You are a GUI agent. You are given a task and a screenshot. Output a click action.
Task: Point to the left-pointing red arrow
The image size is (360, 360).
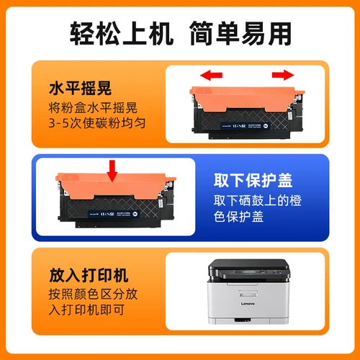pos(210,74)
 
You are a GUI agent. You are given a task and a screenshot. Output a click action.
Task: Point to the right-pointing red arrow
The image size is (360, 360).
pos(283,74)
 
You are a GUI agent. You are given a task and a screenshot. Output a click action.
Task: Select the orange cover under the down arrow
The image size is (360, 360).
pos(108,189)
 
